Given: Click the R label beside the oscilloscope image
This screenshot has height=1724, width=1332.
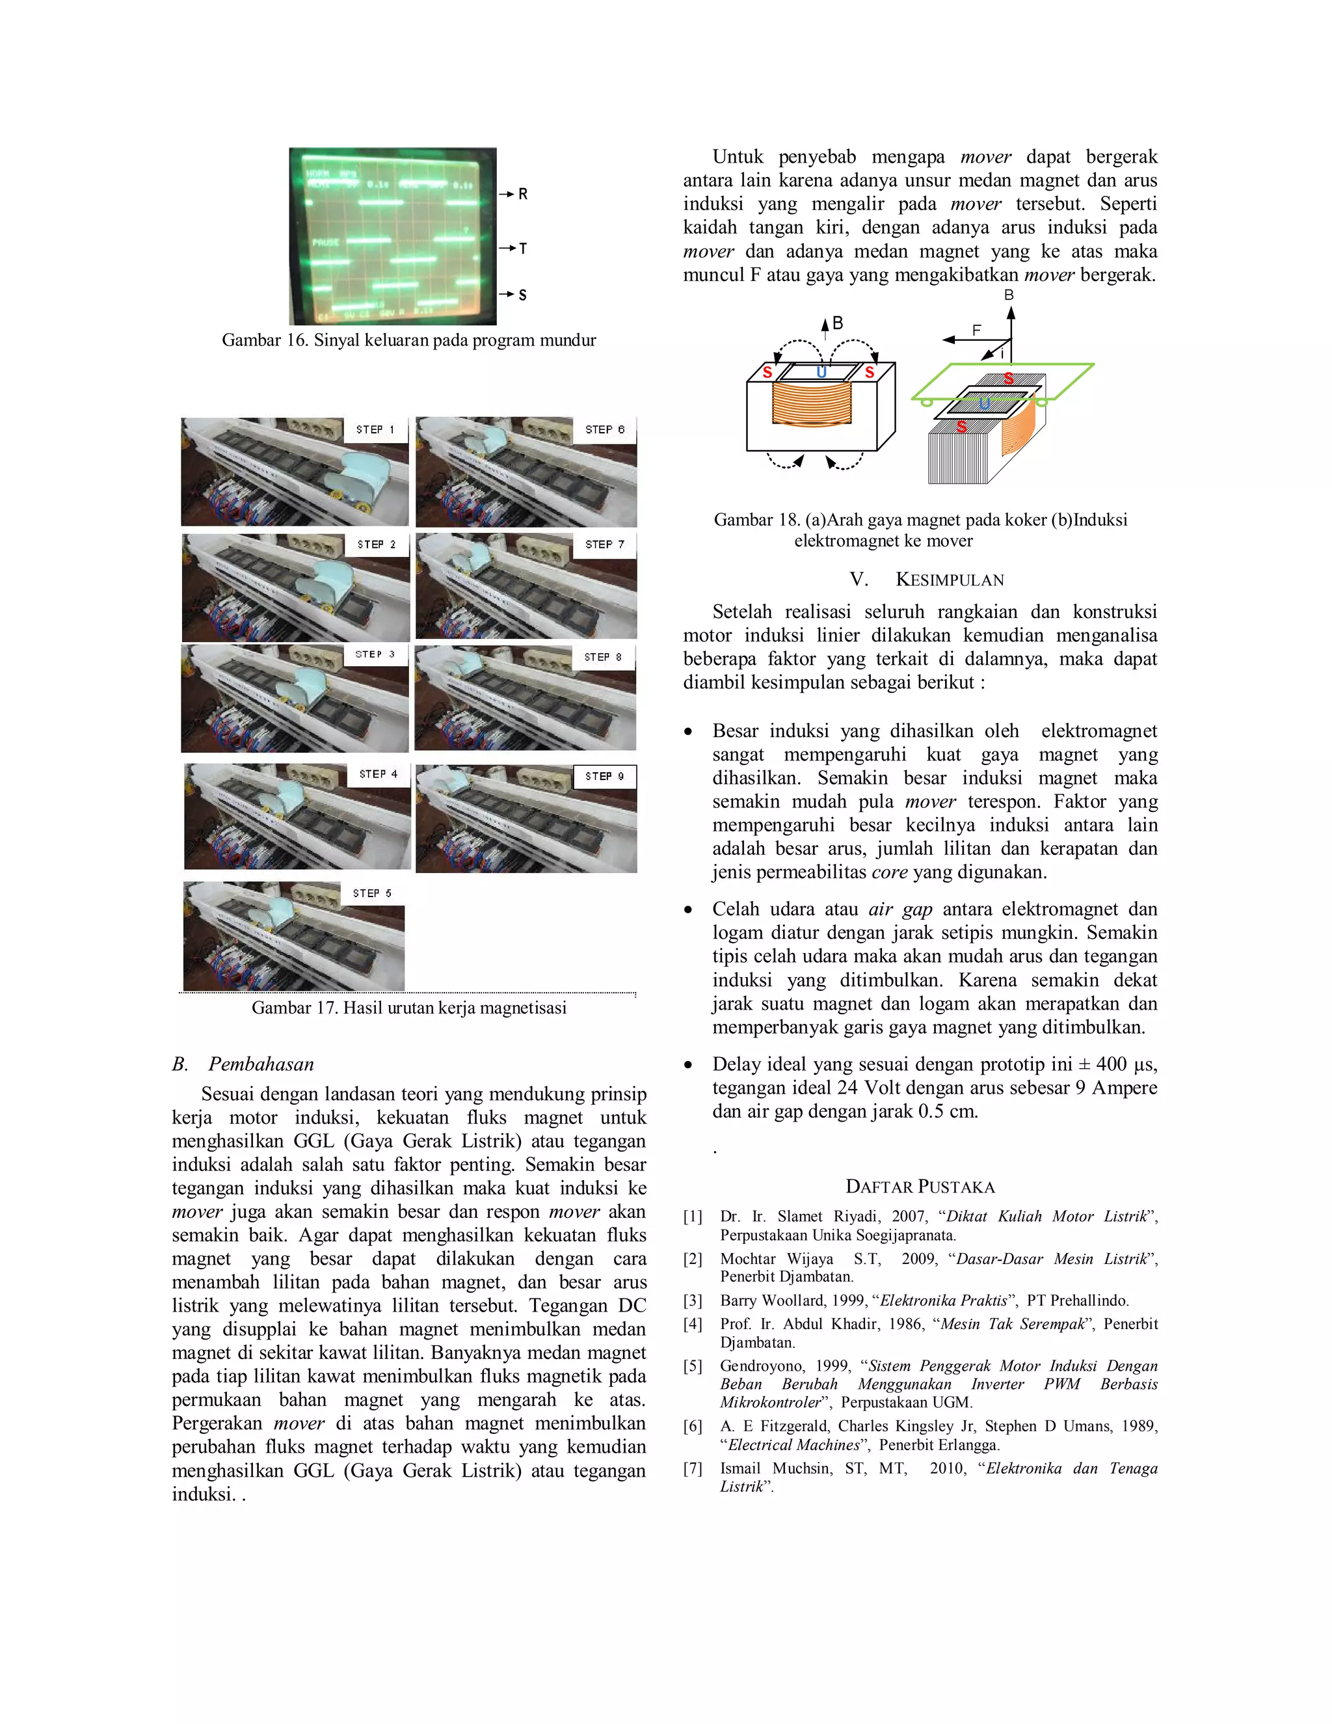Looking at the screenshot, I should pyautogui.click(x=522, y=193).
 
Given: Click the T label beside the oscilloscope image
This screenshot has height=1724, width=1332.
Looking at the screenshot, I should pyautogui.click(x=522, y=249).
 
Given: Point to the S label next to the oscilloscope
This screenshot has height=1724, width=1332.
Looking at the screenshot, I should pyautogui.click(x=522, y=295).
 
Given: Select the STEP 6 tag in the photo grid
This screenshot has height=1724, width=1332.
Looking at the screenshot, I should pyautogui.click(x=604, y=429).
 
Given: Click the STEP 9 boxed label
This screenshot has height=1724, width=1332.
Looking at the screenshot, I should pyautogui.click(x=604, y=776).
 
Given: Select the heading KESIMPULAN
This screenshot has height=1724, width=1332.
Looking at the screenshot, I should pyautogui.click(x=950, y=580).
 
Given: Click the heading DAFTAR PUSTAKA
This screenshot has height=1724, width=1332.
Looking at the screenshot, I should pyautogui.click(x=920, y=1187).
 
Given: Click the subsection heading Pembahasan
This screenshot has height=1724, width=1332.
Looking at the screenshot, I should pyautogui.click(x=261, y=1064).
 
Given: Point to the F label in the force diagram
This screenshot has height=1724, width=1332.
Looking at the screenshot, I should pyautogui.click(x=977, y=330).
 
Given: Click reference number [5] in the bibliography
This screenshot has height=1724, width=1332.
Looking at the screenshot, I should pyautogui.click(x=692, y=1366).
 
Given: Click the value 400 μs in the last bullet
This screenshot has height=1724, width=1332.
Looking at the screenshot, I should pyautogui.click(x=1127, y=1065).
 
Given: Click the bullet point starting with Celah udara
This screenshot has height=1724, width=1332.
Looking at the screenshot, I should pyautogui.click(x=689, y=910).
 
